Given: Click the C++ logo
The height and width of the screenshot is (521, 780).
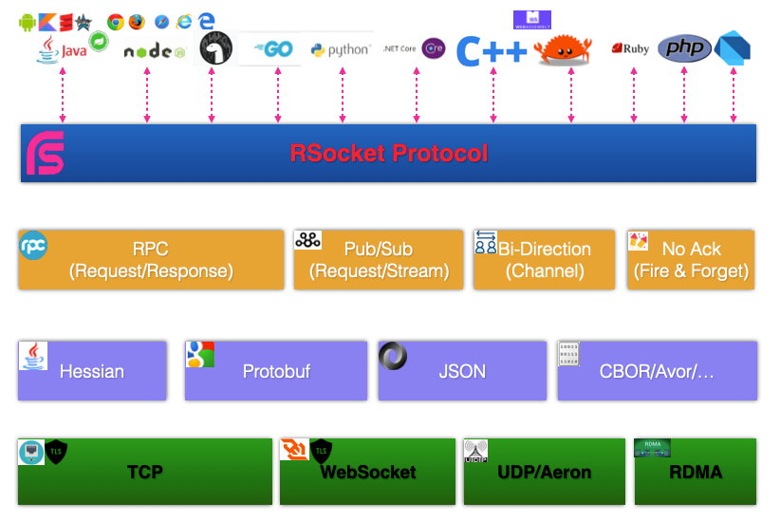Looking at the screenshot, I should point(492,51).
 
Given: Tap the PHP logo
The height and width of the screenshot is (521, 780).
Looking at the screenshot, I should point(684,48).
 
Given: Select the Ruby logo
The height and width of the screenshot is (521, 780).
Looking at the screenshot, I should point(631,48).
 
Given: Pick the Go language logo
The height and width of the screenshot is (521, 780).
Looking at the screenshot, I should point(270,49).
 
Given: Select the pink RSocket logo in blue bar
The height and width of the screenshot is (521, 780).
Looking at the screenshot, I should point(45,154).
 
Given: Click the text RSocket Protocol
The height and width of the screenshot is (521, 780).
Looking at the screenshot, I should point(389,153).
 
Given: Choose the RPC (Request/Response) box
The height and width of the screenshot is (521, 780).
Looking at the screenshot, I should point(151,259).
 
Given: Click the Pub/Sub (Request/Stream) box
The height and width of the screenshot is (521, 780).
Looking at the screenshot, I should point(378,259).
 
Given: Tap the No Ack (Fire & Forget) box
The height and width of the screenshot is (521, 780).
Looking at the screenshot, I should point(691,259).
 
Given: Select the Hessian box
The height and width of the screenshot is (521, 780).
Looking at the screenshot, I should point(92,371).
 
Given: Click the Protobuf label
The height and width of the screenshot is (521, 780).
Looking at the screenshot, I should point(276,371).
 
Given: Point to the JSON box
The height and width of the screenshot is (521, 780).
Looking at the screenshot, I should point(462,371).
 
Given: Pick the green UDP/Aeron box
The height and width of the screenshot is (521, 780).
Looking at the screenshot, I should point(544,472).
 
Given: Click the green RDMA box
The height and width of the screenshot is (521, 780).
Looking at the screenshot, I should point(695,472).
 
